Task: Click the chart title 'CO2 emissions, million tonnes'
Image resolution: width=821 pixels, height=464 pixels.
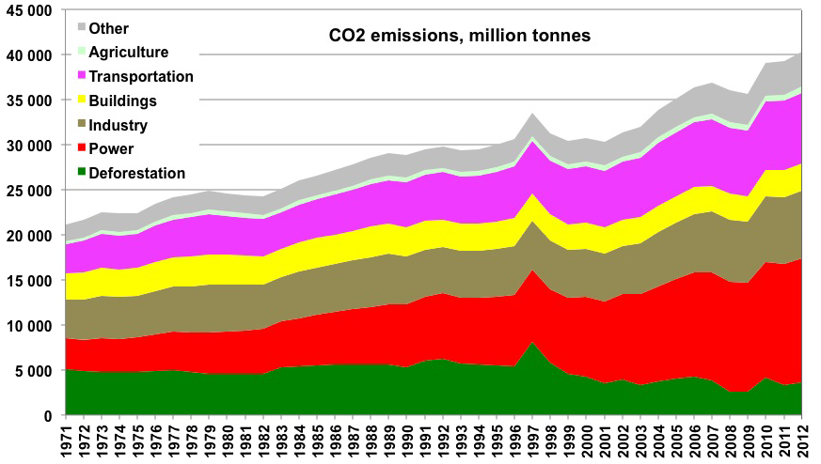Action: pos(459,37)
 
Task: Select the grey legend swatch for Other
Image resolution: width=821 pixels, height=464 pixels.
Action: pos(82,29)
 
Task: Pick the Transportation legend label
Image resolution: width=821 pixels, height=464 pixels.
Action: pos(141,76)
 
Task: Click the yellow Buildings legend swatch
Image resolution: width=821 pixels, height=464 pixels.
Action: pos(82,101)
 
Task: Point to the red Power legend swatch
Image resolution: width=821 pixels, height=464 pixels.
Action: pos(82,148)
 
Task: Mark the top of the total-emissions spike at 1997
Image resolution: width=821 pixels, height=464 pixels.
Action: pos(532,114)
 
